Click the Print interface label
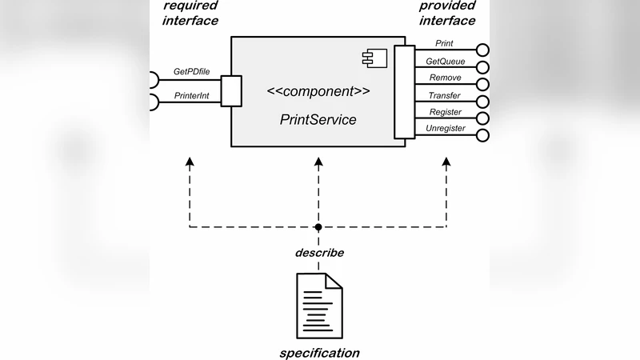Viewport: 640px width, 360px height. pyautogui.click(x=445, y=42)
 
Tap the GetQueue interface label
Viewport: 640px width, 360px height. pyautogui.click(x=445, y=61)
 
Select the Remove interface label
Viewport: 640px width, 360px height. pyautogui.click(x=445, y=78)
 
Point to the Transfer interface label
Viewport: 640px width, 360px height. pyautogui.click(x=445, y=95)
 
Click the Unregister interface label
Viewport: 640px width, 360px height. pyautogui.click(x=445, y=129)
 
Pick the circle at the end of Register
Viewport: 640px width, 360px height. pyautogui.click(x=482, y=118)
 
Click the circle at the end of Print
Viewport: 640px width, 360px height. pyautogui.click(x=482, y=50)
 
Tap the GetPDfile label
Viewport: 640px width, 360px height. pyautogui.click(x=192, y=72)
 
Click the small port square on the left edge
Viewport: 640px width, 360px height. pyautogui.click(x=231, y=90)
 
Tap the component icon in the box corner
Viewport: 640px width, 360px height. pyautogui.click(x=373, y=56)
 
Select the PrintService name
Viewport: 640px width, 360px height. pyautogui.click(x=318, y=120)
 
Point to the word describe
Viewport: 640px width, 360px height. pyautogui.click(x=319, y=253)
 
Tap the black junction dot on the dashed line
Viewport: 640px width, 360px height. pyautogui.click(x=318, y=228)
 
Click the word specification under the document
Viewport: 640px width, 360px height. pyautogui.click(x=319, y=353)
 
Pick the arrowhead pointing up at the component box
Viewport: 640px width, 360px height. pyautogui.click(x=318, y=162)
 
